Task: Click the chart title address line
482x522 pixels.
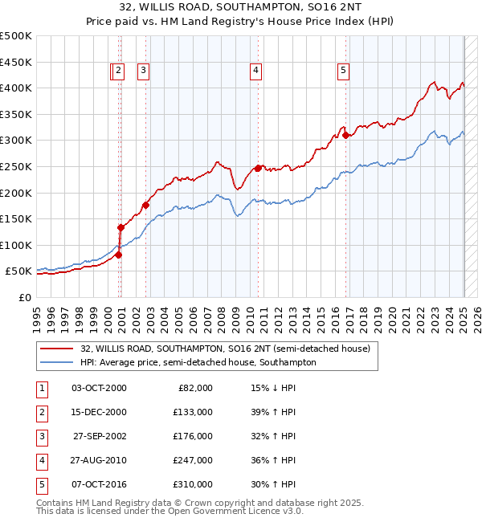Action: tap(240, 8)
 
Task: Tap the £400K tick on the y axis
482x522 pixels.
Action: tap(16, 88)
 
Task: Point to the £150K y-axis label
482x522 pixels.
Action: tap(16, 218)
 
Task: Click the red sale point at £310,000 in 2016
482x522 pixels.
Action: tap(346, 135)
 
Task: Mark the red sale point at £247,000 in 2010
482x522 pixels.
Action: tap(258, 168)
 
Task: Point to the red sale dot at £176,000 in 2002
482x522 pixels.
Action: tap(145, 205)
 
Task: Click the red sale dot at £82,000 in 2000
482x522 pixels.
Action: tap(118, 255)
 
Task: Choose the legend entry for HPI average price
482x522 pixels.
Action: tap(198, 362)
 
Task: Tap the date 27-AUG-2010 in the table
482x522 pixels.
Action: tap(98, 460)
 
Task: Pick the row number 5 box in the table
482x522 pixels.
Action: tap(40, 484)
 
